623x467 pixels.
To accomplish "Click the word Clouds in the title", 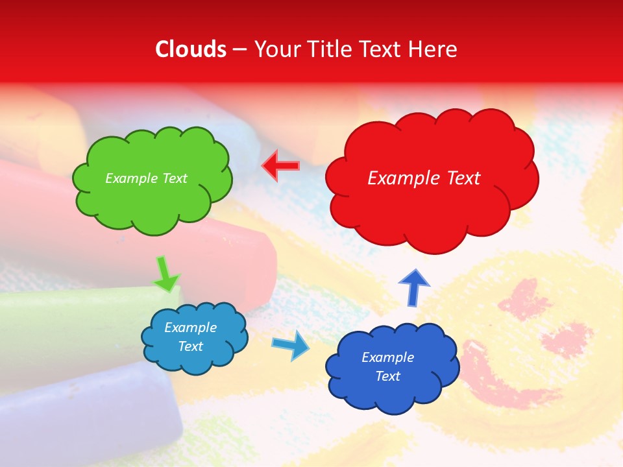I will click(191, 49).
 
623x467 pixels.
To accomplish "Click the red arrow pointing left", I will click(280, 166).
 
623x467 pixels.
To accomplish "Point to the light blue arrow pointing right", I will click(291, 344).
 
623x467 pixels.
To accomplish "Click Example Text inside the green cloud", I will click(146, 178).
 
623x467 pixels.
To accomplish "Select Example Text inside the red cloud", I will click(424, 178).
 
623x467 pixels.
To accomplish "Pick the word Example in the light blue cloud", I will click(190, 328).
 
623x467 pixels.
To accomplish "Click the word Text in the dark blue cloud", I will click(387, 376).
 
